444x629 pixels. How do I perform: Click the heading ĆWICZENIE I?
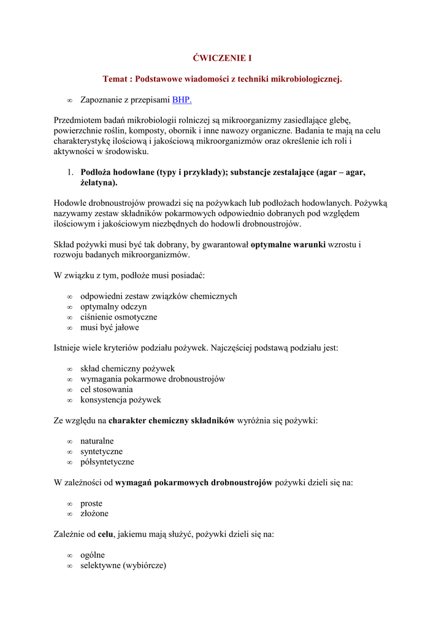[222, 58]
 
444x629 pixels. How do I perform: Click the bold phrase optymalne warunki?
[288, 244]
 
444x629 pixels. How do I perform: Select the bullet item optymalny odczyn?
[113, 307]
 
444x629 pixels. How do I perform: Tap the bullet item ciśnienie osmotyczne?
[118, 317]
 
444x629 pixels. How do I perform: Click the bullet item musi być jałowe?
[110, 327]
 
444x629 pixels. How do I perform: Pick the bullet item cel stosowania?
[106, 389]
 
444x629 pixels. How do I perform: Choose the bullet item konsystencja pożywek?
[121, 400]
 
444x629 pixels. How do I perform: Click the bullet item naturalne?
[97, 441]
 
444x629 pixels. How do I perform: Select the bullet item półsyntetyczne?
[107, 462]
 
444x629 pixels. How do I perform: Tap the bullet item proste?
[91, 503]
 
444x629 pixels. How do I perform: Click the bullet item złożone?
[94, 514]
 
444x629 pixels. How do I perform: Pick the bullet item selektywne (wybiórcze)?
[123, 565]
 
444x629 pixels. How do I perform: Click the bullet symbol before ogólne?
[70, 555]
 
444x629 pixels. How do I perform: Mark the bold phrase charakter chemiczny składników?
[172, 421]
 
